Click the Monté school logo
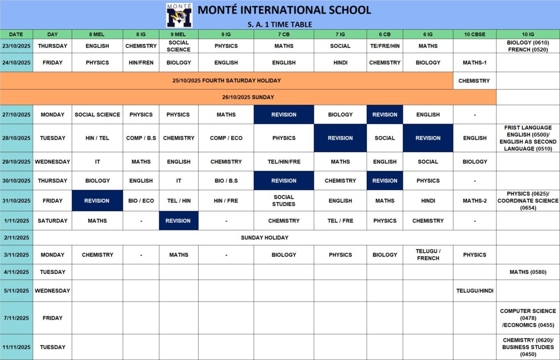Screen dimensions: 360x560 179,15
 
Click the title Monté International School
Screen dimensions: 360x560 284,10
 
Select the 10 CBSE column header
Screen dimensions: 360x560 474,34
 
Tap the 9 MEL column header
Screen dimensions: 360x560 179,34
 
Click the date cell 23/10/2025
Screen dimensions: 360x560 16,46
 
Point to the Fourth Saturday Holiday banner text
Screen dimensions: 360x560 227,81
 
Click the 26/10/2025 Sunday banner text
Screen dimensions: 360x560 248,97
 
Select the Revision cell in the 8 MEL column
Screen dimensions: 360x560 97,201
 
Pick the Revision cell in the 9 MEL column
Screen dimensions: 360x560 178,221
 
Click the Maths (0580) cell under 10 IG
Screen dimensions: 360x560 528,272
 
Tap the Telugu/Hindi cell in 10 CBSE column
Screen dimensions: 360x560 474,291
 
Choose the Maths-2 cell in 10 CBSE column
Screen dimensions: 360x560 474,201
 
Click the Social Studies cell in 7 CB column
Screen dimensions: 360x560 284,201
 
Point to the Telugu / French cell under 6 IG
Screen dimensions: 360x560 428,255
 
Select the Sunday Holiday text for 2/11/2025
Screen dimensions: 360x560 264,237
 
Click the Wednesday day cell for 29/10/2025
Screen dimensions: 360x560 52,162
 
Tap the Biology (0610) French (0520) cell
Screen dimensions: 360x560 528,46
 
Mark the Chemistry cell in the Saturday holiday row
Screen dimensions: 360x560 474,81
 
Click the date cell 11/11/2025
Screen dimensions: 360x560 16,347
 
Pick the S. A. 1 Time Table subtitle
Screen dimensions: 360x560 279,24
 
